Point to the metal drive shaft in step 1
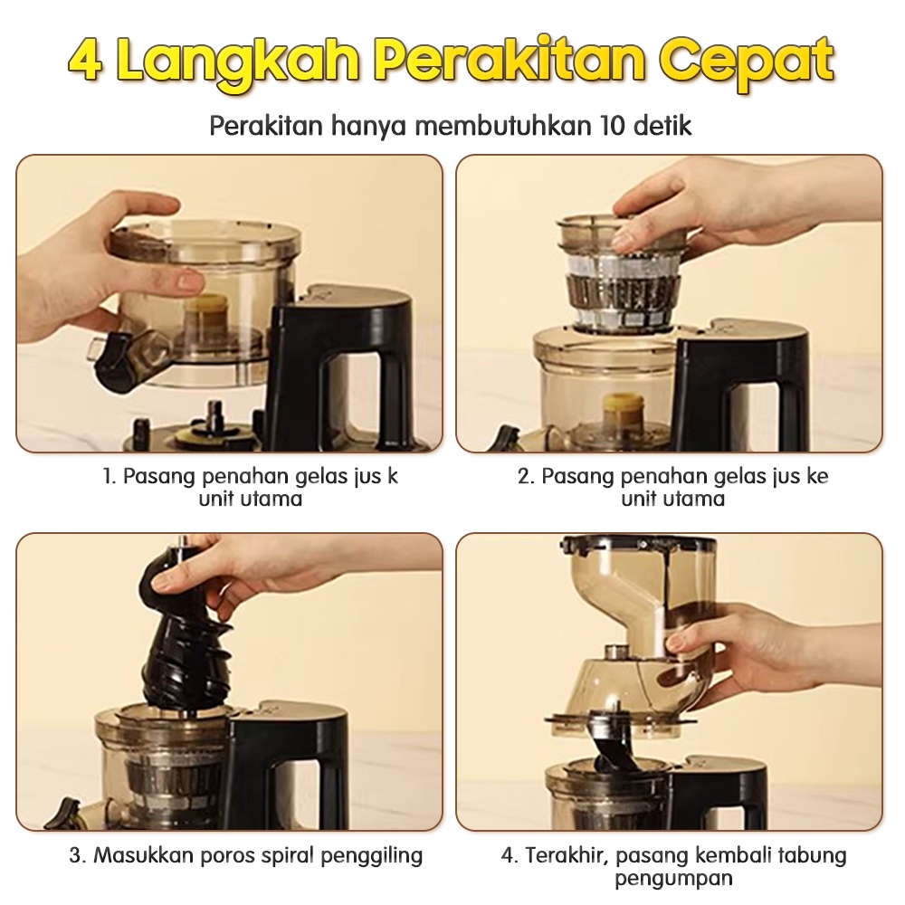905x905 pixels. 214,413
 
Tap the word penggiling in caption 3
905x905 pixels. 372,856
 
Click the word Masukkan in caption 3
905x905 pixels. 144,855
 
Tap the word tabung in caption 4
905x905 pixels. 813,855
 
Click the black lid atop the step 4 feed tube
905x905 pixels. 640,545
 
